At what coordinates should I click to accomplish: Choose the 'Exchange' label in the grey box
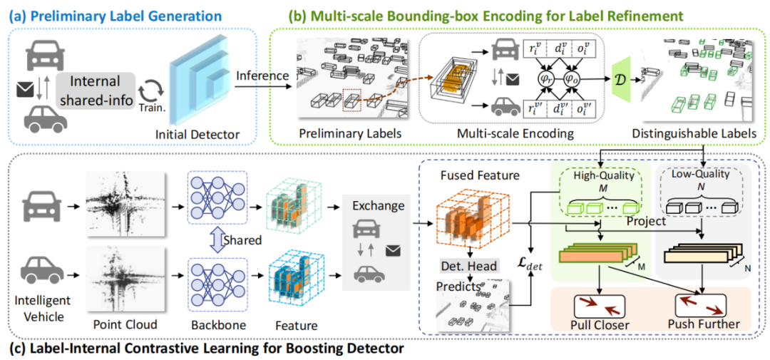[376, 206]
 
